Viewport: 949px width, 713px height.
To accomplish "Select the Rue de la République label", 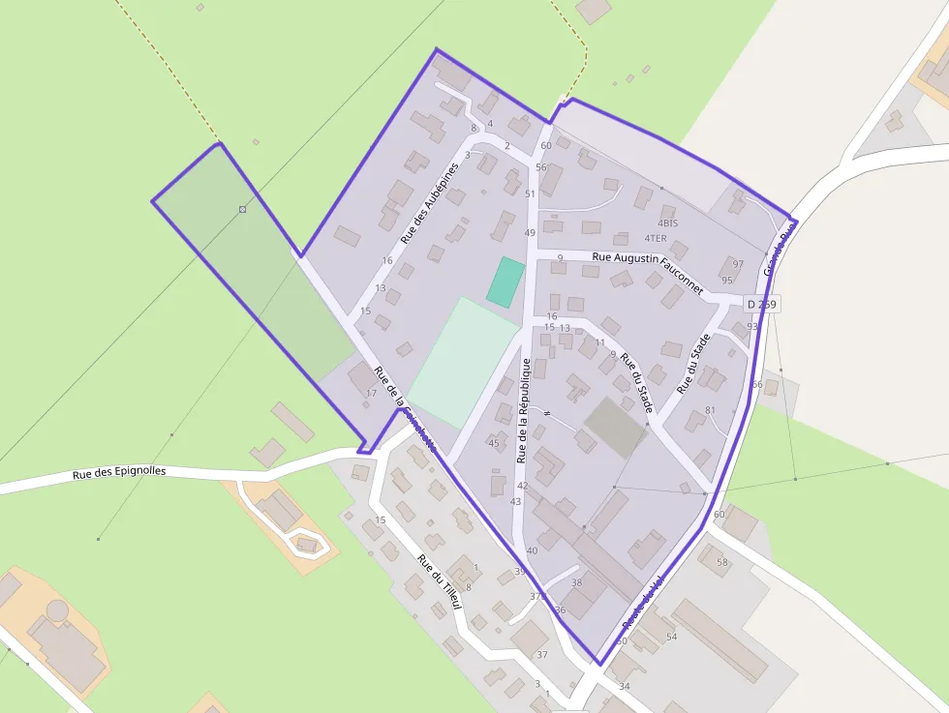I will (525, 409).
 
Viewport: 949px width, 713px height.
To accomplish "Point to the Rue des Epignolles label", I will (119, 473).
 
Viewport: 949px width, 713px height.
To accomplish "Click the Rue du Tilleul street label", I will (441, 581).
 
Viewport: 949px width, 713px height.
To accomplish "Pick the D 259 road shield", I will (761, 304).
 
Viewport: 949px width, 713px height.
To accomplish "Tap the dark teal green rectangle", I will (505, 282).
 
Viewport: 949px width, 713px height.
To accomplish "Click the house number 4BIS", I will (667, 223).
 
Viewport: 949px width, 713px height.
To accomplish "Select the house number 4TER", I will (656, 238).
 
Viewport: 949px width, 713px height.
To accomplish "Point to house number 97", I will (738, 264).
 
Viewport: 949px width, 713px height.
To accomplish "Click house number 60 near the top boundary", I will (546, 146).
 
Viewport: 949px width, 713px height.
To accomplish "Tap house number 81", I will (710, 410).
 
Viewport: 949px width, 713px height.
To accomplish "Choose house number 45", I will (494, 443).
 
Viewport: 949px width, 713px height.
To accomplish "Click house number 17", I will (371, 393).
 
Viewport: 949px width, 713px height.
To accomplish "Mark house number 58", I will (721, 562).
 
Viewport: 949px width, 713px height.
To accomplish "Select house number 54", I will (671, 637).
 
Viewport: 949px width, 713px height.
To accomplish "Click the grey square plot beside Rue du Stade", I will (615, 427).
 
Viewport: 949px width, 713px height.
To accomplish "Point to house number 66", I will (757, 385).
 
